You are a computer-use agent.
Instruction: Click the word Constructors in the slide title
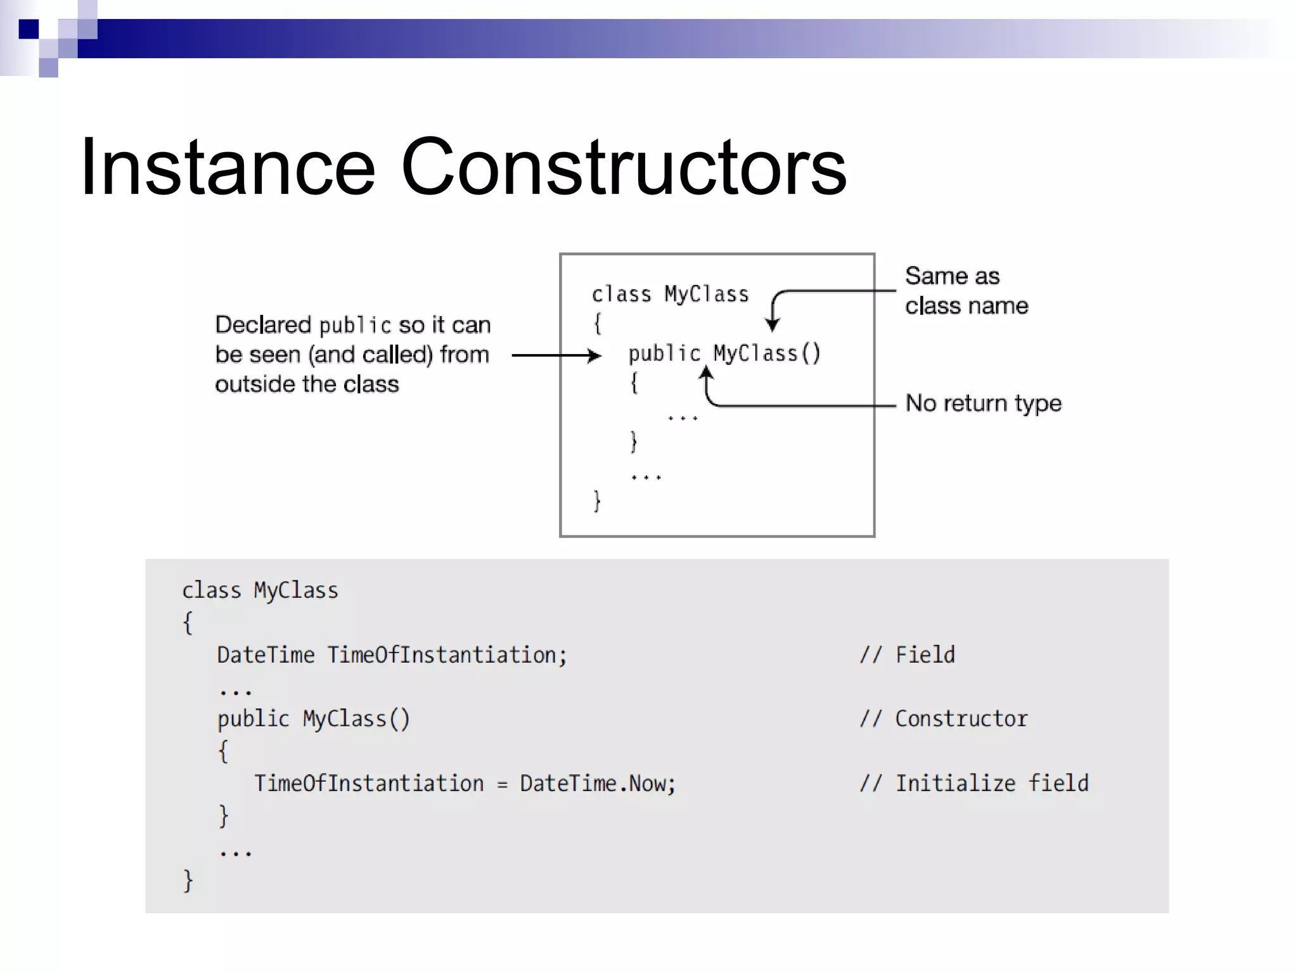624,168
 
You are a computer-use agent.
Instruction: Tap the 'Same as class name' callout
966,291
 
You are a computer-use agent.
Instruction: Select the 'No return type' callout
983,403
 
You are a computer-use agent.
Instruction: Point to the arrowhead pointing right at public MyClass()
594,356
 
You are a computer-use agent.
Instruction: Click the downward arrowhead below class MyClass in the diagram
772,326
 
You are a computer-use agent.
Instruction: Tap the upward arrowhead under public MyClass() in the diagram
706,374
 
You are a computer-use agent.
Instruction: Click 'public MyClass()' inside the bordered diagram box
724,353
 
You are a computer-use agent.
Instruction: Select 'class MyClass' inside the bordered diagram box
670,295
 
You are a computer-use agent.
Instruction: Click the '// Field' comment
907,655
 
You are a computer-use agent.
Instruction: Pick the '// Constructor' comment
943,719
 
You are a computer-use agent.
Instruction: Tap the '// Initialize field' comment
973,784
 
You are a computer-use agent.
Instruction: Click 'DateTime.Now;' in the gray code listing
598,784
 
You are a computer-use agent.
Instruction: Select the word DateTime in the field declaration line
266,655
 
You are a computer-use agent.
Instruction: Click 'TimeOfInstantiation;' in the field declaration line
447,655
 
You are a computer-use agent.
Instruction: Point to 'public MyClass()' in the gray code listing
314,719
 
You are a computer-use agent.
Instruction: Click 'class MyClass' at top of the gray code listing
260,590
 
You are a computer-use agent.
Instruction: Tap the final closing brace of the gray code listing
188,881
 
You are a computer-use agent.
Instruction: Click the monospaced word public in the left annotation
355,326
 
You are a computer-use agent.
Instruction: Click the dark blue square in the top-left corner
29,29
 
